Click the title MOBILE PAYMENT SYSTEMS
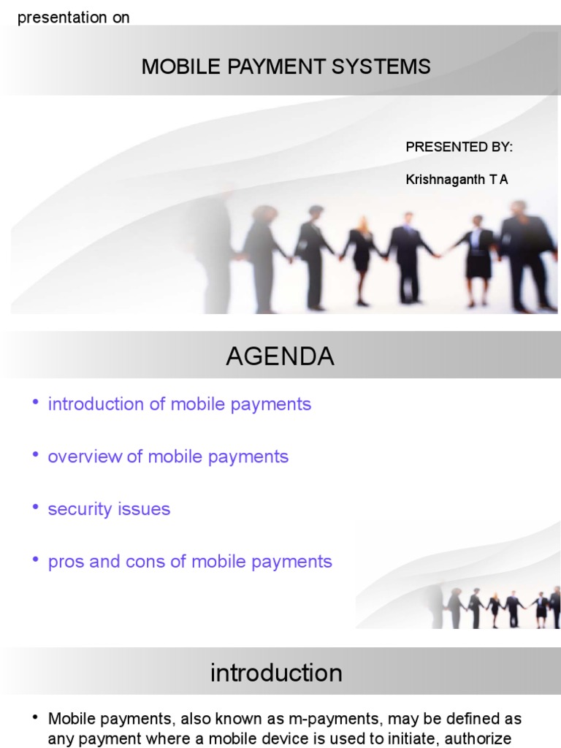tap(286, 67)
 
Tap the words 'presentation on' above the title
tap(73, 18)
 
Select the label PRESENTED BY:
tap(459, 147)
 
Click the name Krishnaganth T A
tap(457, 179)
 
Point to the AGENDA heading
tap(280, 356)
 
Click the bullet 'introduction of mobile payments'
tap(179, 404)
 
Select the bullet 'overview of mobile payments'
tap(168, 457)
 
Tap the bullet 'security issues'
tap(109, 509)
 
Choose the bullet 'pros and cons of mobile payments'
tap(190, 562)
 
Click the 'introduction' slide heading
tap(276, 673)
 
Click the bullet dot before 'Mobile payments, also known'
tap(35, 718)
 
